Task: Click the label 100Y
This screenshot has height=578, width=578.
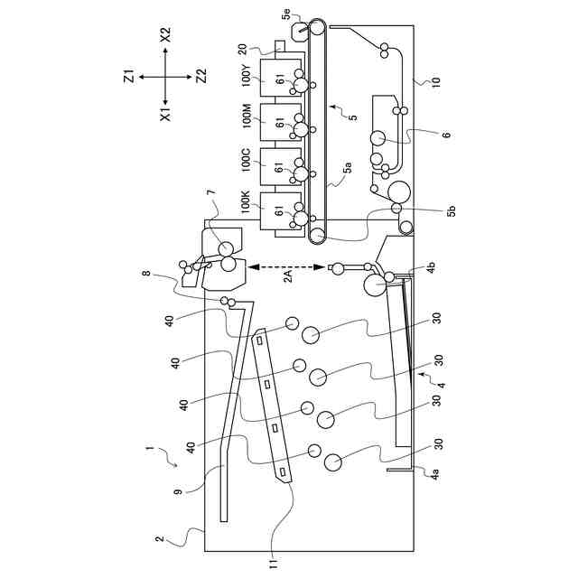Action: (x=247, y=75)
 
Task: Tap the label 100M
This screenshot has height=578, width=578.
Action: (x=247, y=116)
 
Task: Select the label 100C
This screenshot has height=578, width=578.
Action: (x=246, y=160)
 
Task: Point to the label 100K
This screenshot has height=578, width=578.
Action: (x=246, y=201)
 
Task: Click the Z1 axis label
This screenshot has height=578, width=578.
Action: (x=128, y=78)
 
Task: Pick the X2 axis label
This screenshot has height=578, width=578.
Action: (x=165, y=35)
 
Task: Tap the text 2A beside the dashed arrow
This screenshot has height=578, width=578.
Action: (x=288, y=275)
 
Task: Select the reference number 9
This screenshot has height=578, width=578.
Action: (x=179, y=491)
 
